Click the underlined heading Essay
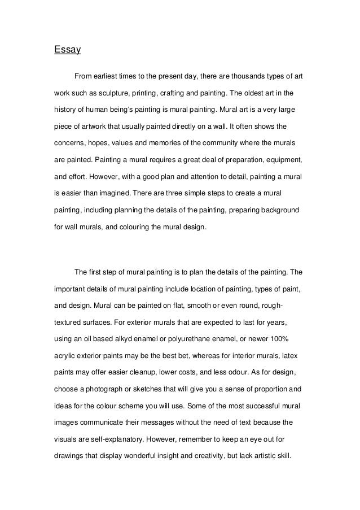68,50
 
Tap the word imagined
111,193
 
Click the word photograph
110,389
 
